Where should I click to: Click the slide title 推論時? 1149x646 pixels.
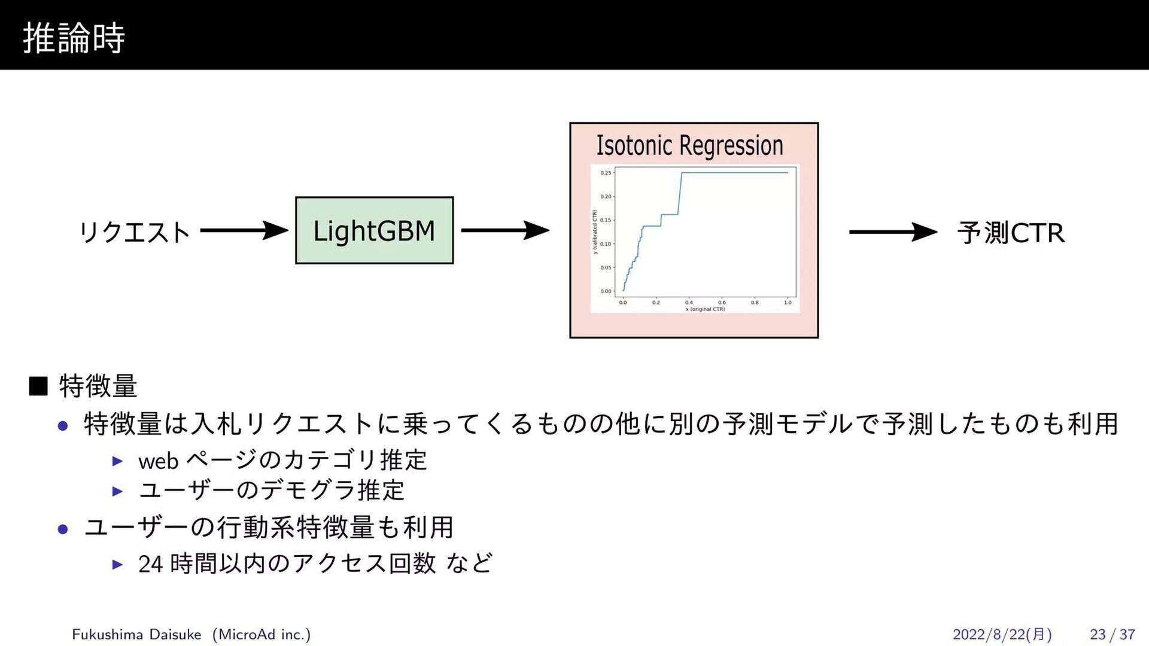[x=74, y=38]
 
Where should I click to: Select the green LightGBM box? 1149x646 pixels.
[x=374, y=230]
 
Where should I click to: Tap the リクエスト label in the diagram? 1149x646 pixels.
[x=135, y=232]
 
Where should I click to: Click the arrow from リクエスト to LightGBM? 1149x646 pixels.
[x=244, y=230]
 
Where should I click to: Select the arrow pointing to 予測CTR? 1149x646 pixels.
[x=892, y=232]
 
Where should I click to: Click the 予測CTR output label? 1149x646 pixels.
[x=1011, y=233]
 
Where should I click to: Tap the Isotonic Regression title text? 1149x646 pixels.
[x=689, y=145]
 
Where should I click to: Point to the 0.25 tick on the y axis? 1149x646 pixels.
[x=606, y=173]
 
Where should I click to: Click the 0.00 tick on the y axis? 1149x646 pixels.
[x=606, y=291]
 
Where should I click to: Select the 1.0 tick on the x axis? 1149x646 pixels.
[x=788, y=303]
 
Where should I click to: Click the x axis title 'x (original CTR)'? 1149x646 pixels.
[x=705, y=309]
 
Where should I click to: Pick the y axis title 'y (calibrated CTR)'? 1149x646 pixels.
[x=595, y=232]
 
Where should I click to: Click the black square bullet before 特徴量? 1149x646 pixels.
[x=38, y=386]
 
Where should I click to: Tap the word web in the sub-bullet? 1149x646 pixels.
[x=159, y=461]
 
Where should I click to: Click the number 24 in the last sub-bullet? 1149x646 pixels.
[x=150, y=564]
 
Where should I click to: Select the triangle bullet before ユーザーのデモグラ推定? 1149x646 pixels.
[x=118, y=492]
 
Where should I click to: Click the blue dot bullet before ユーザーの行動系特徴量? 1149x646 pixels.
[x=63, y=529]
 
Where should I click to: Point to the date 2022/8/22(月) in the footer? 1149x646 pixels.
[x=1002, y=634]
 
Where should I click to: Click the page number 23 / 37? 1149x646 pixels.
[x=1112, y=634]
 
